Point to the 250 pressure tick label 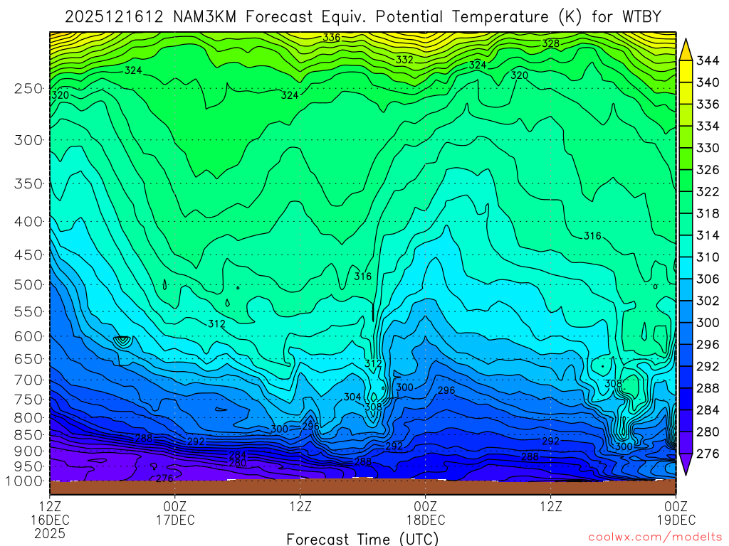(x=28, y=89)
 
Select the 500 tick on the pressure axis (x=28, y=285)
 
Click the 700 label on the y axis (x=28, y=379)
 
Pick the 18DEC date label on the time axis (x=426, y=519)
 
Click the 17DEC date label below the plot (x=175, y=519)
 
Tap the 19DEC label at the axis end (x=676, y=519)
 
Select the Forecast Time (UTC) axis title (x=363, y=538)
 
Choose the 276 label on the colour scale (x=707, y=454)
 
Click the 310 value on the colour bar (x=707, y=257)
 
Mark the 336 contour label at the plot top (x=331, y=38)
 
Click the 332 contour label (x=404, y=60)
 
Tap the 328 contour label (x=550, y=43)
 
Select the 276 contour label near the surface (x=164, y=478)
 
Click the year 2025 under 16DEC (x=50, y=532)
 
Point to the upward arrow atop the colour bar (x=686, y=48)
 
